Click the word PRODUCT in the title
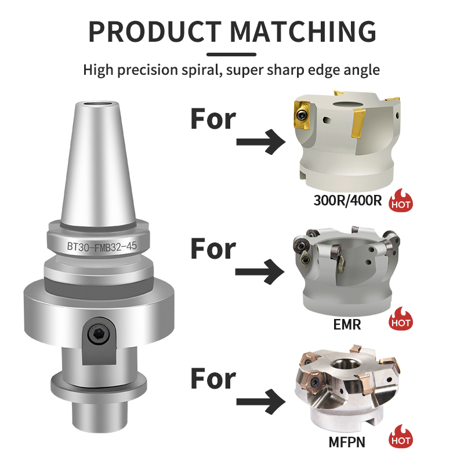click(155, 32)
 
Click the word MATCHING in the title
click(303, 32)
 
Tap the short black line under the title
click(231, 55)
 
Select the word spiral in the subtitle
click(202, 70)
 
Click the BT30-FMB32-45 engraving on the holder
click(102, 246)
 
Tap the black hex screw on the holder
click(99, 333)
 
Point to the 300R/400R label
click(347, 201)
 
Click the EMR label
click(347, 325)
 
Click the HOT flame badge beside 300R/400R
click(401, 200)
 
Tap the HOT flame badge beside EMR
click(401, 318)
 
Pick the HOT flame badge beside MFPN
click(401, 436)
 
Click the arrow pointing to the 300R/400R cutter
click(260, 142)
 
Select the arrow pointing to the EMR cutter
click(260, 271)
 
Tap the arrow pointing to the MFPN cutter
click(260, 401)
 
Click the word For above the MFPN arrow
click(213, 379)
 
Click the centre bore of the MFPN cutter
click(343, 365)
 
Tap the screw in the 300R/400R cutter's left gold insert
click(302, 114)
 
